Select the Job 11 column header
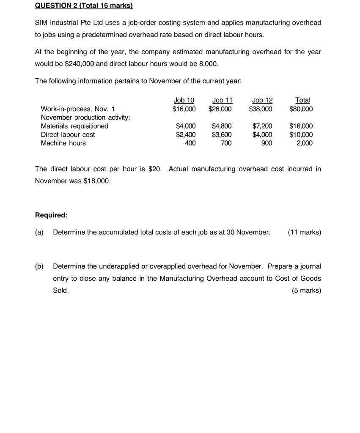click(222, 100)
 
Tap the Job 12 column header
click(262, 100)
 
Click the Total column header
click(302, 100)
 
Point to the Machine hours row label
click(63, 143)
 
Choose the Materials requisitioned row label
click(74, 126)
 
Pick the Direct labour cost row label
click(68, 134)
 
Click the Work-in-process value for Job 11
click(220, 109)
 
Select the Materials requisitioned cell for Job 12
click(262, 126)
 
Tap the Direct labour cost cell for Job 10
click(186, 134)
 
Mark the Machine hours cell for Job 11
click(226, 143)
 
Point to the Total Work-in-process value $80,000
click(301, 109)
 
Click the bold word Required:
click(51, 215)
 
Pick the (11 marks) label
click(304, 232)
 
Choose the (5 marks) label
click(306, 290)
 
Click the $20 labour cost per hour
click(155, 169)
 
